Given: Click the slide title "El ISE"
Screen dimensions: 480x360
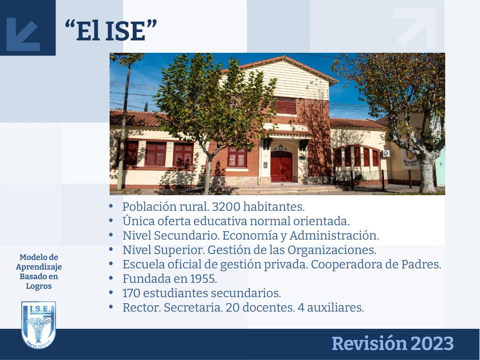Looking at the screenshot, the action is tap(111, 31).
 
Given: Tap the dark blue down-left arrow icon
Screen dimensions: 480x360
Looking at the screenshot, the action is tap(23, 34).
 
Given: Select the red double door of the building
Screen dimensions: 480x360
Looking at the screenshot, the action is tap(281, 166).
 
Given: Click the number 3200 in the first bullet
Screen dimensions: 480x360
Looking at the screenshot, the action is tap(226, 206).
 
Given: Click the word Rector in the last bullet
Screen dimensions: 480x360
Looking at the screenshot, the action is tap(142, 308).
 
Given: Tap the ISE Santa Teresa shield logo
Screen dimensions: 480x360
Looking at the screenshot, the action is tap(38, 325).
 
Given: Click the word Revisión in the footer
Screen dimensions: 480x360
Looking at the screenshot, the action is tap(369, 344).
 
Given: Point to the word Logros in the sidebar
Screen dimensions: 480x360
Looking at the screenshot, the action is tap(39, 286).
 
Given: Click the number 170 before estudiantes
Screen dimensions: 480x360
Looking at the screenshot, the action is tap(131, 293).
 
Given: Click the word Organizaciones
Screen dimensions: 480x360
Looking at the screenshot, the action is tap(332, 250).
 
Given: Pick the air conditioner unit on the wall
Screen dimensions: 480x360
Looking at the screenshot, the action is tap(386, 154).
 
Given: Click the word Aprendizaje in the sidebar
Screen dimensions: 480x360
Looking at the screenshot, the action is tap(39, 267).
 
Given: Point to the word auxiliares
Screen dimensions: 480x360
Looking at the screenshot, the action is tap(336, 308).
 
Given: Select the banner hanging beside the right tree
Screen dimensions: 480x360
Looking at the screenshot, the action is tap(410, 154).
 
